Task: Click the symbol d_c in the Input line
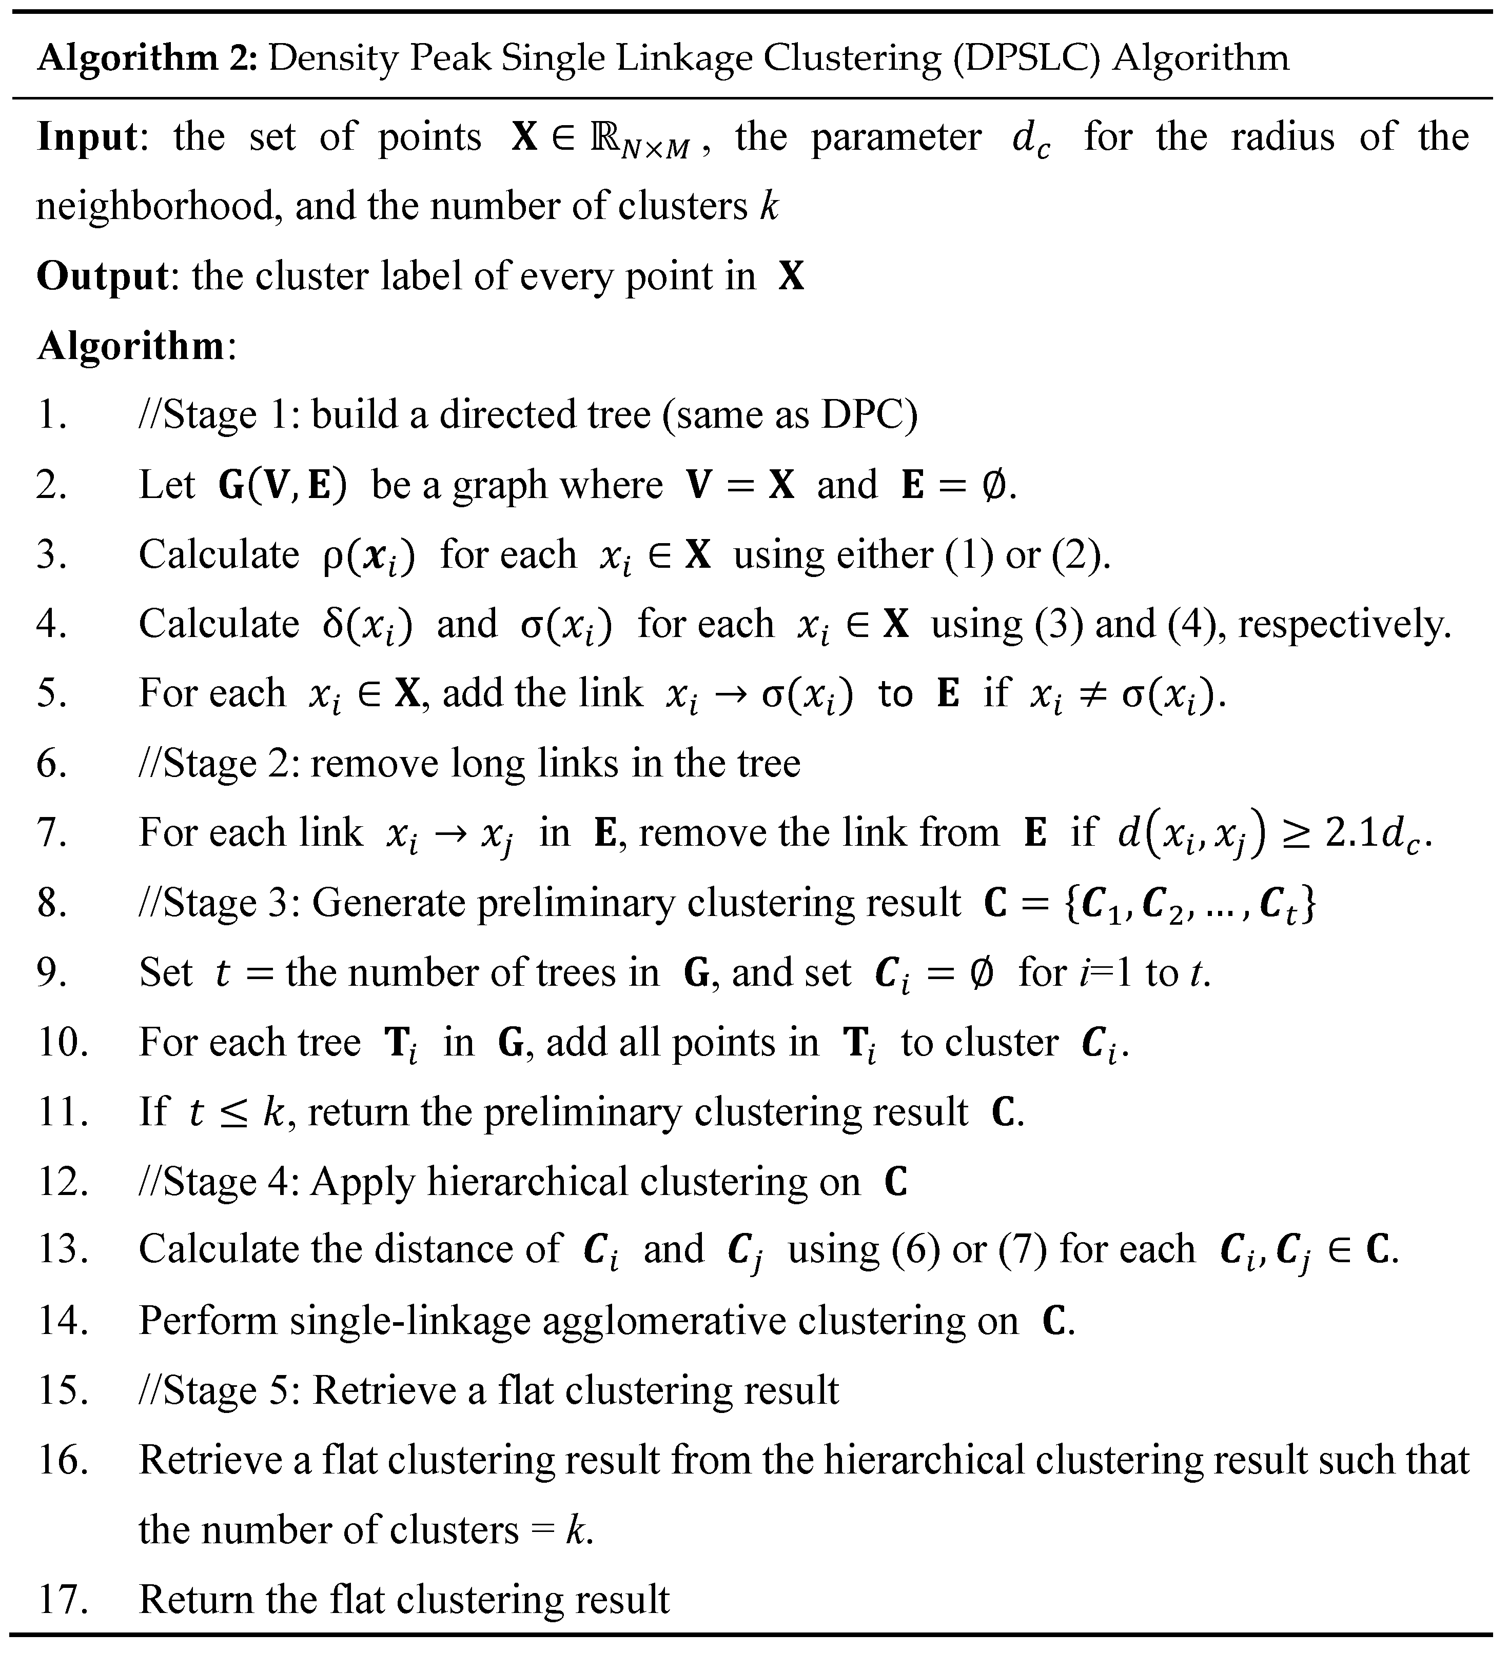coord(1030,140)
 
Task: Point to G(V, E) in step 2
coord(283,485)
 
